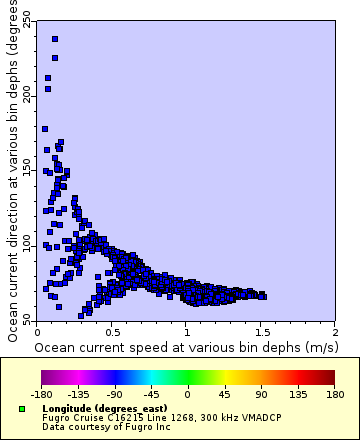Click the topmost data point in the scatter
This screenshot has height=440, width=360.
[x=55, y=39]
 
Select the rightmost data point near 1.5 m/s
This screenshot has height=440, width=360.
[x=263, y=296]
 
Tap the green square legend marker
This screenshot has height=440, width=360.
[x=22, y=409]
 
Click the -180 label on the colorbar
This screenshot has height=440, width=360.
[x=41, y=393]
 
